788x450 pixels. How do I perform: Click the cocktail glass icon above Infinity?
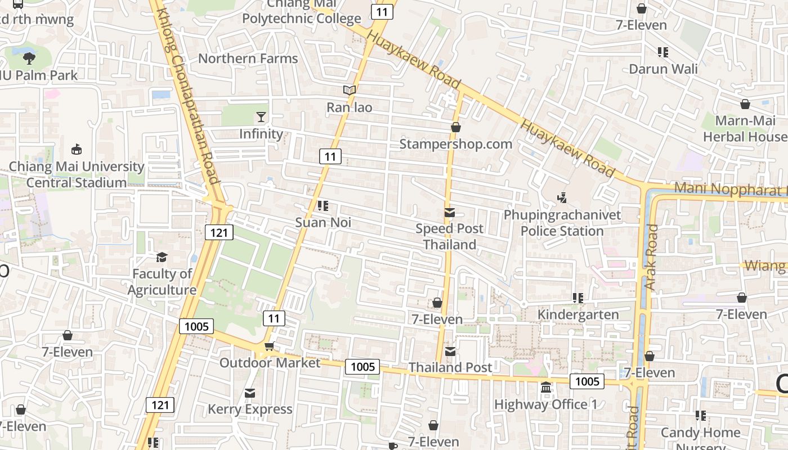point(261,117)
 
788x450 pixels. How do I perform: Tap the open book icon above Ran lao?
point(350,90)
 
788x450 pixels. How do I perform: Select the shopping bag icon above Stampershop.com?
point(456,127)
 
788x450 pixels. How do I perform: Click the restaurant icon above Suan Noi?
point(323,206)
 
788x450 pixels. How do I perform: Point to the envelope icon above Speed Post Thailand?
point(450,212)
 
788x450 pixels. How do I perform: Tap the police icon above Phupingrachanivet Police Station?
point(562,198)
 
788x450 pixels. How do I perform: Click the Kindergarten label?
point(578,314)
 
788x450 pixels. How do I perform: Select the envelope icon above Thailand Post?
point(450,352)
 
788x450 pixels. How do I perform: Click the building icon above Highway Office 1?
point(545,388)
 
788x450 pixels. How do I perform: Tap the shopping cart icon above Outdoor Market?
point(269,346)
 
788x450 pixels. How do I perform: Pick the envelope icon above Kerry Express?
point(250,393)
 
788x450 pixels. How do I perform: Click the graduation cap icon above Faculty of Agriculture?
point(162,257)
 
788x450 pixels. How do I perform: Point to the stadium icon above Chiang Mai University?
point(77,150)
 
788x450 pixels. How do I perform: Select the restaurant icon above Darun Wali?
point(663,52)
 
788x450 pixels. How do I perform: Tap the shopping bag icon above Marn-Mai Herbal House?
point(745,105)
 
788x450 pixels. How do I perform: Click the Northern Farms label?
point(248,58)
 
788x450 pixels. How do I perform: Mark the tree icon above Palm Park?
point(29,58)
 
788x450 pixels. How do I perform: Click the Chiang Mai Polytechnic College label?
point(302,11)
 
